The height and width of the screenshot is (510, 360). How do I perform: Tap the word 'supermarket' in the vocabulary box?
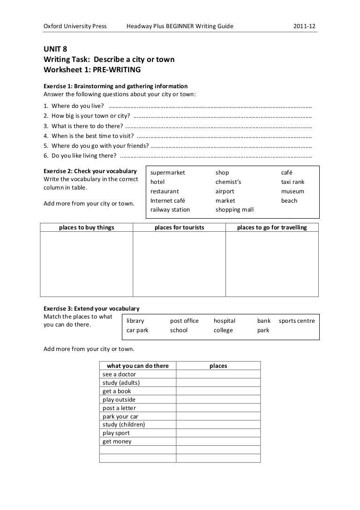[x=167, y=173]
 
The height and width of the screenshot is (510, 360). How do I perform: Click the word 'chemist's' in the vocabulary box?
[x=228, y=182]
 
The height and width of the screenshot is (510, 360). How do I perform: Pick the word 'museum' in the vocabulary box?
[x=292, y=191]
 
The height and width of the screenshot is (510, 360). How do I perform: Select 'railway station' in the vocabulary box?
[x=170, y=210]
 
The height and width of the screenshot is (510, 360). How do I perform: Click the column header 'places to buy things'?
[x=86, y=228]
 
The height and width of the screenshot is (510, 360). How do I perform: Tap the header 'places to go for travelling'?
[x=272, y=228]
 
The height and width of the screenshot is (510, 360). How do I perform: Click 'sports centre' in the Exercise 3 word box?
[x=296, y=321]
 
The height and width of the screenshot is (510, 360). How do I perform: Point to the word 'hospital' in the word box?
[x=224, y=321]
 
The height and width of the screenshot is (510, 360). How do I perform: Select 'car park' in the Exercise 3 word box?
[x=137, y=330]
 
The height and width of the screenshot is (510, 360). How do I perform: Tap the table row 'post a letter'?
[x=119, y=408]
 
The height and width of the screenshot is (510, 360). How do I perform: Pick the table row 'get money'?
[x=117, y=441]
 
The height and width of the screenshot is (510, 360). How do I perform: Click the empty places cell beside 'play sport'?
[x=218, y=433]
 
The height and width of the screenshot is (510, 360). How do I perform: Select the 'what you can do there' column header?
[x=138, y=365]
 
